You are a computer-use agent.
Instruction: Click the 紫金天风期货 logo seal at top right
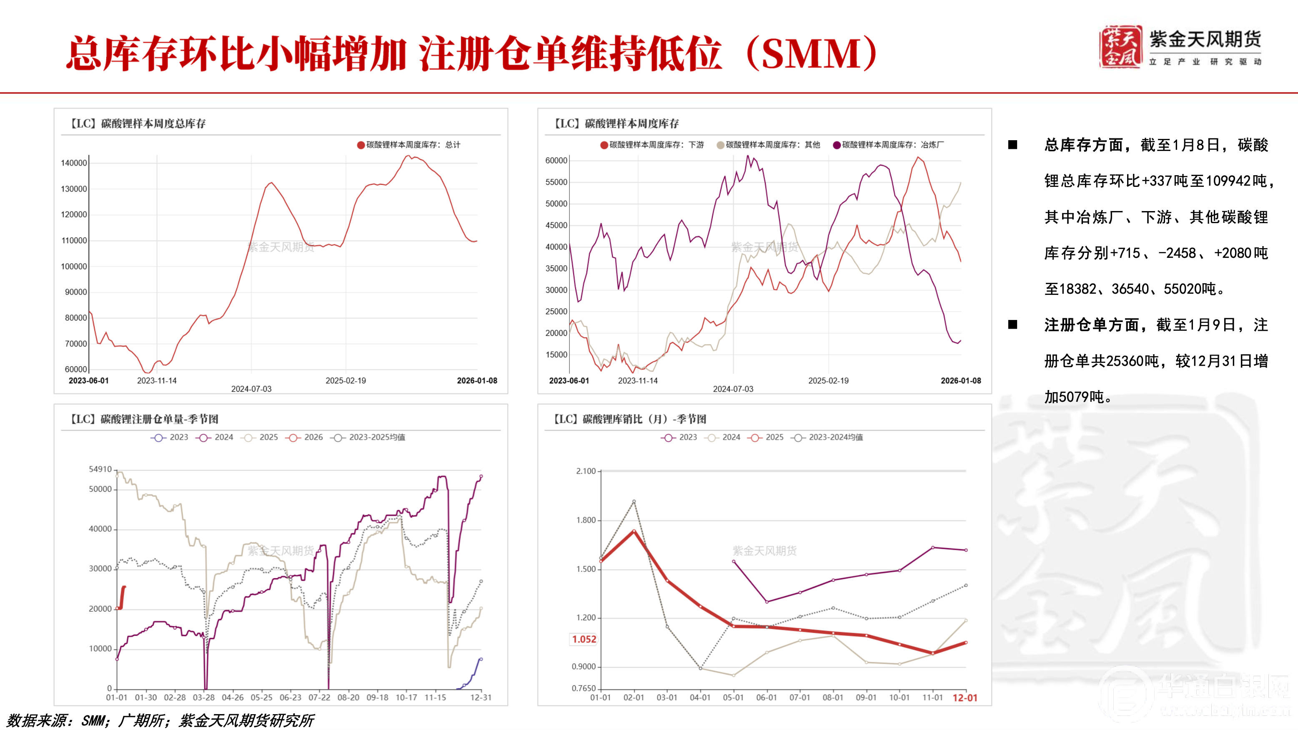[x=1120, y=47]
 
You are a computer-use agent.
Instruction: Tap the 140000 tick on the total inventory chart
[x=73, y=163]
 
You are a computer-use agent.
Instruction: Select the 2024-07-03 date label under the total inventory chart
[x=251, y=389]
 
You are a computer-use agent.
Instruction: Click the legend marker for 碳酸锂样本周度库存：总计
[x=361, y=145]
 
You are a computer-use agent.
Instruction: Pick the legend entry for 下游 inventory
[x=652, y=145]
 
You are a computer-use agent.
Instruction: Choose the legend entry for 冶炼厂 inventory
[x=888, y=145]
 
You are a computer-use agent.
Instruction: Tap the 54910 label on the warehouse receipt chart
[x=100, y=469]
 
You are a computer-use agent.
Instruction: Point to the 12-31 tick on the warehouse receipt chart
[x=480, y=697]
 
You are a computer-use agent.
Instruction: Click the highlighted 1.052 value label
[x=584, y=639]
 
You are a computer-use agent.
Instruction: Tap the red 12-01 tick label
[x=965, y=698]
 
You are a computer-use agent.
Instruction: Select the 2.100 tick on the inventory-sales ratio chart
[x=586, y=471]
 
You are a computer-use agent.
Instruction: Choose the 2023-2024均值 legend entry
[x=827, y=437]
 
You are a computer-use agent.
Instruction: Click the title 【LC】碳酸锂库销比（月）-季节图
[x=629, y=419]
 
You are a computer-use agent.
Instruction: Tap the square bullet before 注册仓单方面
[x=1012, y=325]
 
